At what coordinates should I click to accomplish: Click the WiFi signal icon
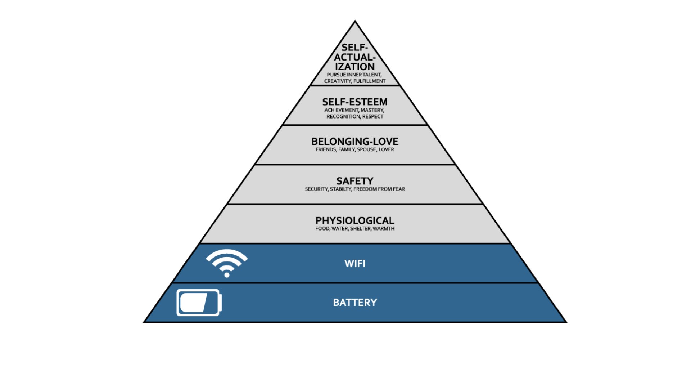coord(227,263)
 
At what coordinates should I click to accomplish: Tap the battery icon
coord(199,303)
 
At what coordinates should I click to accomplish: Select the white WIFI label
coord(355,264)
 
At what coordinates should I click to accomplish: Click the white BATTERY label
coord(355,303)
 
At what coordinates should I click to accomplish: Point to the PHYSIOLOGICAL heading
coord(355,220)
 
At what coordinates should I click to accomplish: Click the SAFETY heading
coord(355,181)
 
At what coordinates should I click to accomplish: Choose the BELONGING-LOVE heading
coord(355,142)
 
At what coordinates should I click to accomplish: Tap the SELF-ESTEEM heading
coord(355,102)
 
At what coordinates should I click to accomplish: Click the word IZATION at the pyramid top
coord(355,67)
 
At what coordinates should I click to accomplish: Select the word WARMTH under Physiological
coord(384,229)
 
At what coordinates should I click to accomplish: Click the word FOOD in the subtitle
coord(322,229)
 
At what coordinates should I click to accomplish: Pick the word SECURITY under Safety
coord(316,189)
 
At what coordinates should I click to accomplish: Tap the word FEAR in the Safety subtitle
coord(399,189)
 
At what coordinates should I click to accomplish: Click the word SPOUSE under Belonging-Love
coord(367,149)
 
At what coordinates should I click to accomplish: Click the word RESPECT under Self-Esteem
coord(373,117)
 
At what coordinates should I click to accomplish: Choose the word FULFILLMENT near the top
coord(370,81)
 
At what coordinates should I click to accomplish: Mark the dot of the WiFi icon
coord(227,275)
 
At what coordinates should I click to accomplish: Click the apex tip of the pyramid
coord(355,21)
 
